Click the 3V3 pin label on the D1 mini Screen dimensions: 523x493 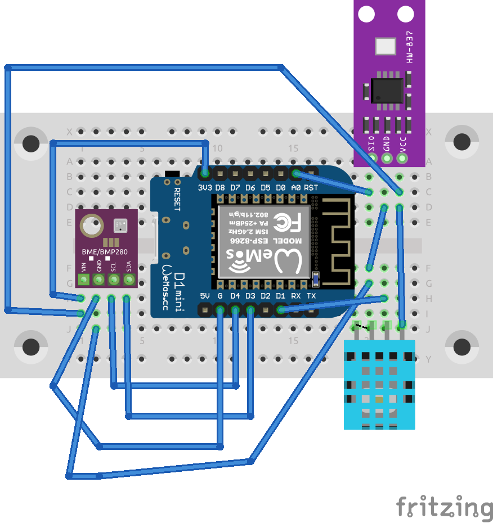click(205, 187)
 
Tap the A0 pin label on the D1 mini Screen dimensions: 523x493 click(295, 187)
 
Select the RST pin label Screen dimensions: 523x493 click(311, 187)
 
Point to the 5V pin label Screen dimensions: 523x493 click(205, 296)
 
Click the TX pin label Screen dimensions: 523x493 click(311, 296)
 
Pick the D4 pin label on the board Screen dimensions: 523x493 click(235, 296)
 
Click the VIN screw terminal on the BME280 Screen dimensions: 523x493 click(84, 279)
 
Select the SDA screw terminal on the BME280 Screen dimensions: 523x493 click(129, 279)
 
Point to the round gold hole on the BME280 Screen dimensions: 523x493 click(90, 226)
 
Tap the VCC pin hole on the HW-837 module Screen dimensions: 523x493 click(402, 158)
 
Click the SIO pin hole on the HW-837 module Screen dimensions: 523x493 click(371, 158)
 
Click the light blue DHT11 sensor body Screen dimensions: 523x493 click(379, 388)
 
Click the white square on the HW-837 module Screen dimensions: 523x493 click(386, 47)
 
